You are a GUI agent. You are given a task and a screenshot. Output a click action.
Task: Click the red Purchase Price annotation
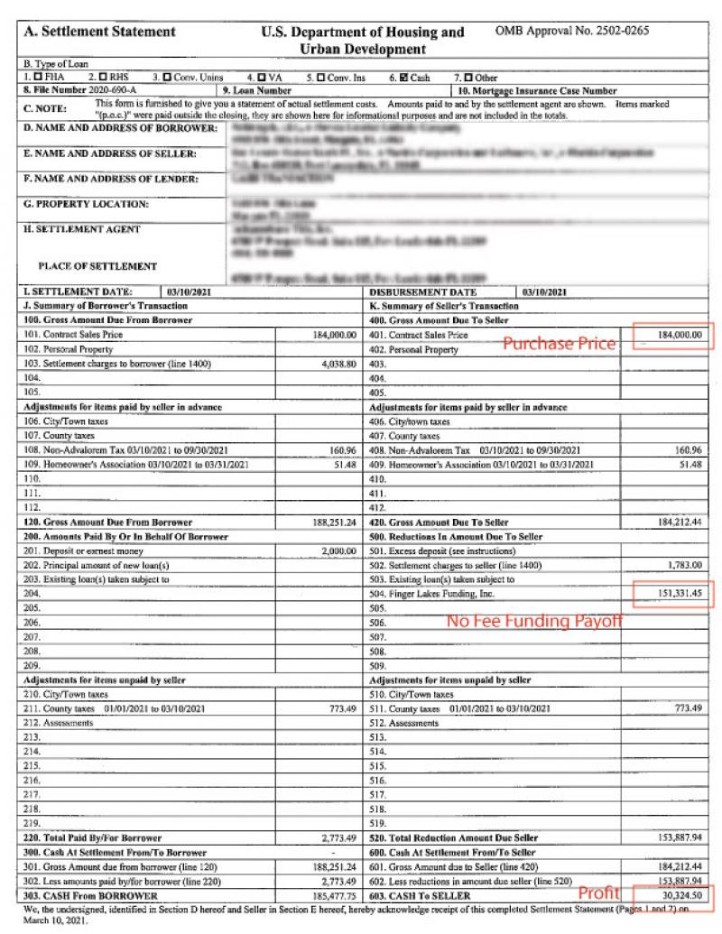(559, 343)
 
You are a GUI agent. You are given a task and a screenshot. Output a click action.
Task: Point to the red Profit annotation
(599, 893)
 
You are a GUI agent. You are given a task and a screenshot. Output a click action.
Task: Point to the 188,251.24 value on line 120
(336, 522)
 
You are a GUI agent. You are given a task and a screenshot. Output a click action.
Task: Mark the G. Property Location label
(72, 204)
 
